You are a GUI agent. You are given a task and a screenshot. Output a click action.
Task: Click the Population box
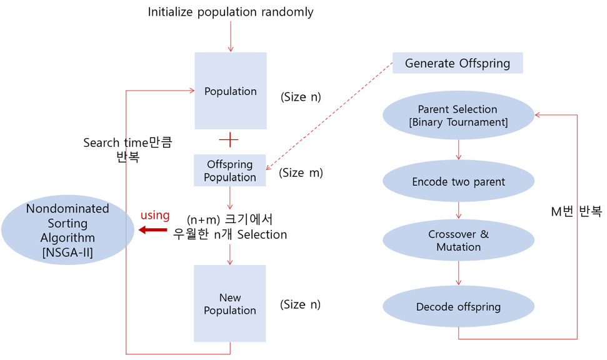(231, 91)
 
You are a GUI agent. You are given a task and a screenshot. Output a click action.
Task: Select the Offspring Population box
(230, 171)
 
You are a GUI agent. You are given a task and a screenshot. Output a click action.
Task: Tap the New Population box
(230, 304)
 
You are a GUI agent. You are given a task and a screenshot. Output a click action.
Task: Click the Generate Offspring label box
(457, 63)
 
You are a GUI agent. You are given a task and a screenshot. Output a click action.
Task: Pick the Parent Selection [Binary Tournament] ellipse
(458, 116)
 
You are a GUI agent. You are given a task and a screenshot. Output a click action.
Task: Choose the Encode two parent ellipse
(458, 182)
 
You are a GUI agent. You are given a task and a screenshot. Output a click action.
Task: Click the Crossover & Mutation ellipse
(458, 241)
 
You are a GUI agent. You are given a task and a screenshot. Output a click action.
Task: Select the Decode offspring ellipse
(458, 307)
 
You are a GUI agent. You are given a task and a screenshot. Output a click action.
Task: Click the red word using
(155, 215)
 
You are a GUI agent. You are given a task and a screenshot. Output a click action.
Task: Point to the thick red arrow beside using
(153, 230)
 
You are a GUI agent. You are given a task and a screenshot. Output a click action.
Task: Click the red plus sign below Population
(230, 140)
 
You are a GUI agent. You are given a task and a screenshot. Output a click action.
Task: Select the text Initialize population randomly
(231, 12)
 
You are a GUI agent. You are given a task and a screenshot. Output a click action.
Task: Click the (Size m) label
(301, 172)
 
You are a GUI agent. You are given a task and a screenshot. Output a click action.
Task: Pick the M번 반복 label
(576, 211)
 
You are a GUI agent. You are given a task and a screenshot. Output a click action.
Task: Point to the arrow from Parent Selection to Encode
(459, 150)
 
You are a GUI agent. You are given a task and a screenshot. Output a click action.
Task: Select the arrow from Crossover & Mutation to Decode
(459, 274)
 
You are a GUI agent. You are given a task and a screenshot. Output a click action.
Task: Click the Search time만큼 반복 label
(127, 150)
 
